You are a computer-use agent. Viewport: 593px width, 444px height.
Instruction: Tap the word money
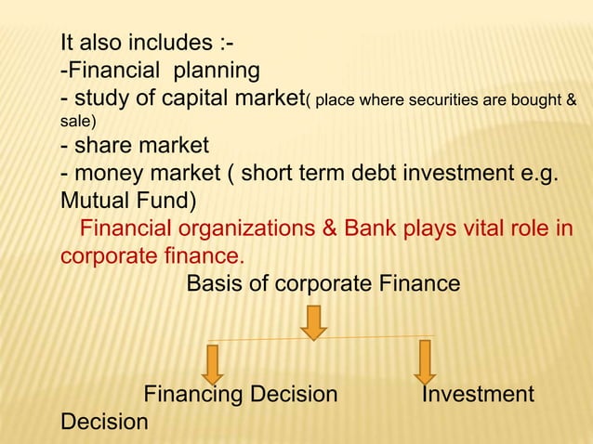pos(105,174)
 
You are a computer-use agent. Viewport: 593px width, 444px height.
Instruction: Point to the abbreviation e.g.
pos(532,174)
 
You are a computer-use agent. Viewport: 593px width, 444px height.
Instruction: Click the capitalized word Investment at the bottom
pos(478,395)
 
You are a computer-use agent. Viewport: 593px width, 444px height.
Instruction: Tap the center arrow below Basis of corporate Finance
pos(313,322)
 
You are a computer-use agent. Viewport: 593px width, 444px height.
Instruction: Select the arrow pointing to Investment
pos(425,361)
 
